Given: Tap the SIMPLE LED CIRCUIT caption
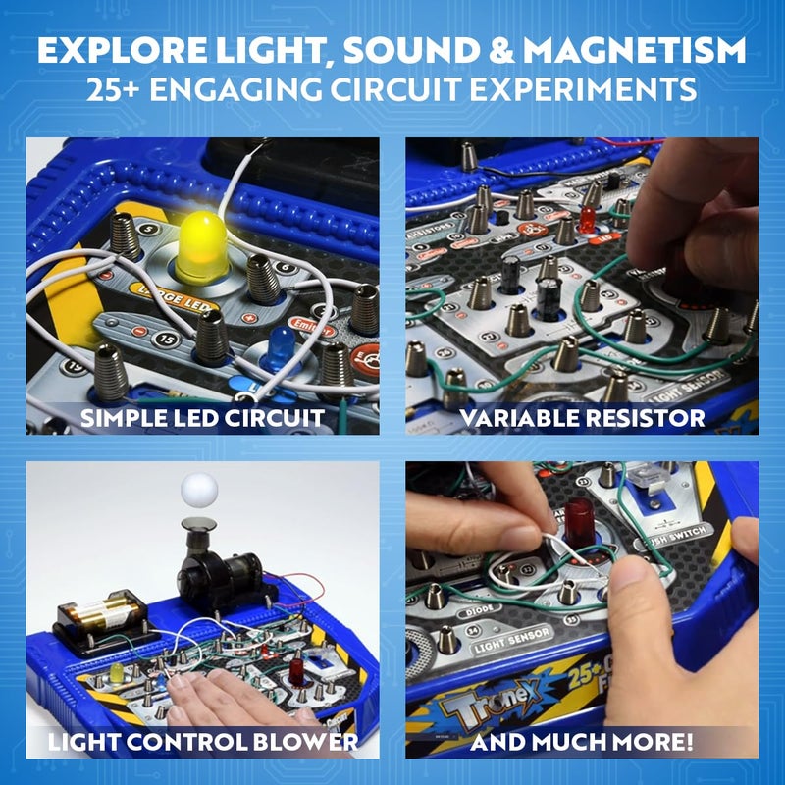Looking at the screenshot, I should pyautogui.click(x=202, y=418).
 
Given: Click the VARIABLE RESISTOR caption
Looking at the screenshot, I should pyautogui.click(x=582, y=418).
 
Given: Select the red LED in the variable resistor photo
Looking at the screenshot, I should pyautogui.click(x=589, y=220).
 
